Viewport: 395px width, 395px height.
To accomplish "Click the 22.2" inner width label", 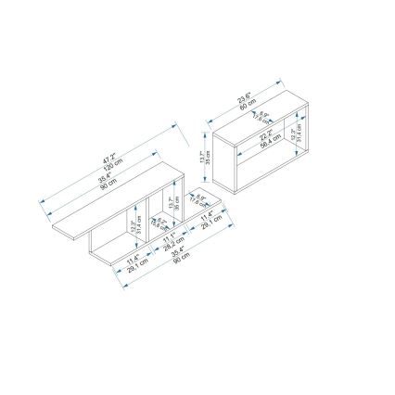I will pyautogui.click(x=264, y=134).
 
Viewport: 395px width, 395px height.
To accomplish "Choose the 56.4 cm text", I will pyautogui.click(x=268, y=142).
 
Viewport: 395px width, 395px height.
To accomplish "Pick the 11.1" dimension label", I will pyautogui.click(x=168, y=238).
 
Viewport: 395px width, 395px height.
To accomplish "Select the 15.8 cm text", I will pyautogui.click(x=161, y=225).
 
